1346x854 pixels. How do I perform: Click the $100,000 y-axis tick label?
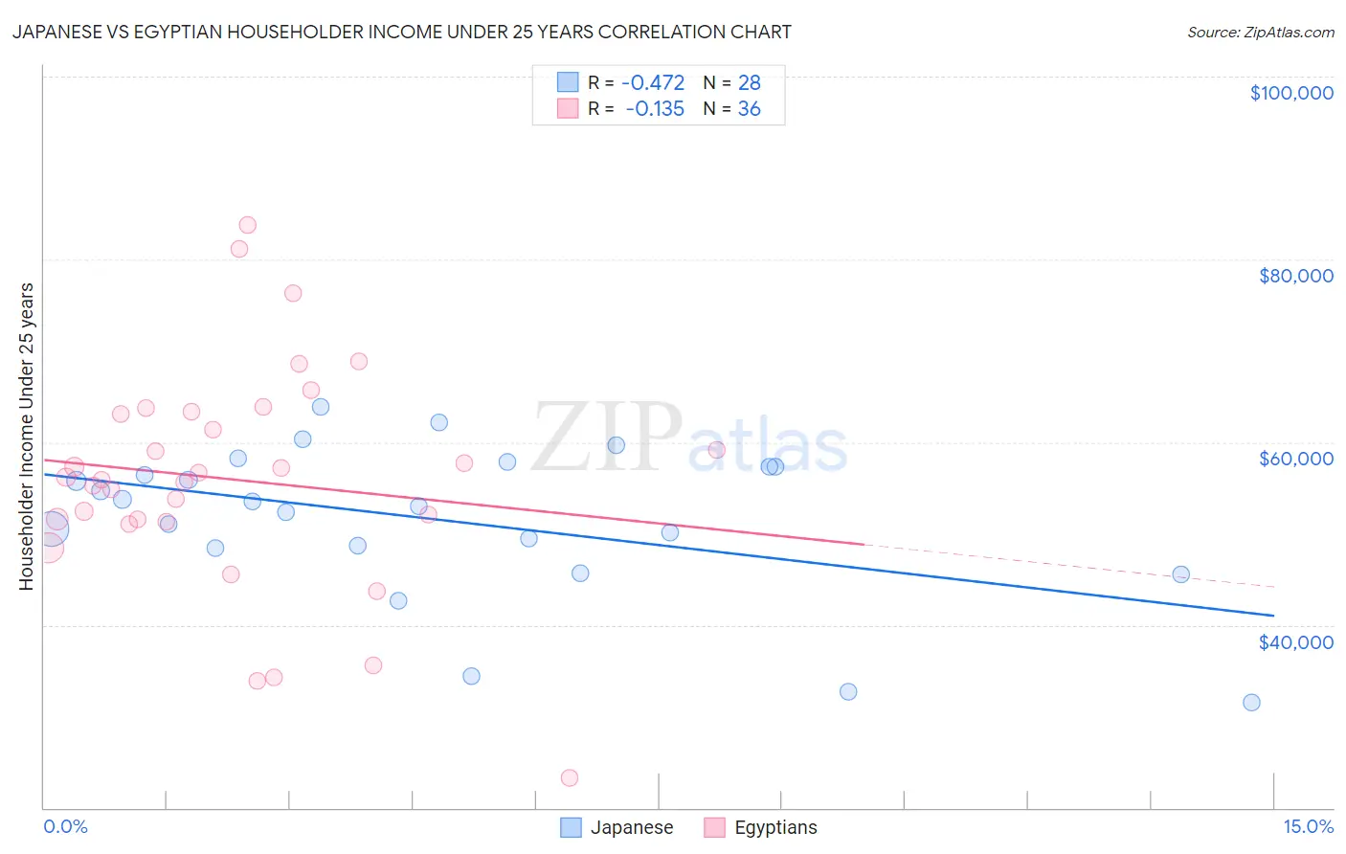[x=1290, y=93]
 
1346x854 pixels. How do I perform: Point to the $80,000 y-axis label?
[x=1295, y=276]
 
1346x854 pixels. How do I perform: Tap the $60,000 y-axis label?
[x=1295, y=459]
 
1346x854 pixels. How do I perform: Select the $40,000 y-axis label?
[x=1295, y=642]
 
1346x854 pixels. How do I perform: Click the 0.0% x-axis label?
[x=65, y=826]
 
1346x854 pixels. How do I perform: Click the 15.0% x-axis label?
[x=1308, y=826]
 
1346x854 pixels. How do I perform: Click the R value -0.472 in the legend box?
[x=653, y=82]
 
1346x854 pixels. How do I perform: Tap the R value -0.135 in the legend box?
[x=655, y=108]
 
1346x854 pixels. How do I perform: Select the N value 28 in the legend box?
[x=749, y=82]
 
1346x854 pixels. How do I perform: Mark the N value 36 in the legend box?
[x=749, y=108]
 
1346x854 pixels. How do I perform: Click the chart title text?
[x=401, y=32]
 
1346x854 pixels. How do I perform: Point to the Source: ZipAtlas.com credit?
[x=1260, y=32]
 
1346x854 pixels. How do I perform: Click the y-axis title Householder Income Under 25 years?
[x=26, y=436]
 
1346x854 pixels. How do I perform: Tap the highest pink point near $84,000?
[x=247, y=225]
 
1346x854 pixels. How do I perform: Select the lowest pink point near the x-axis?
[x=570, y=777]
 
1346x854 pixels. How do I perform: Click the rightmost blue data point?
[x=1251, y=702]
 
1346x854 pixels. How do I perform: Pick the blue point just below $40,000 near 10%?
[x=848, y=691]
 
